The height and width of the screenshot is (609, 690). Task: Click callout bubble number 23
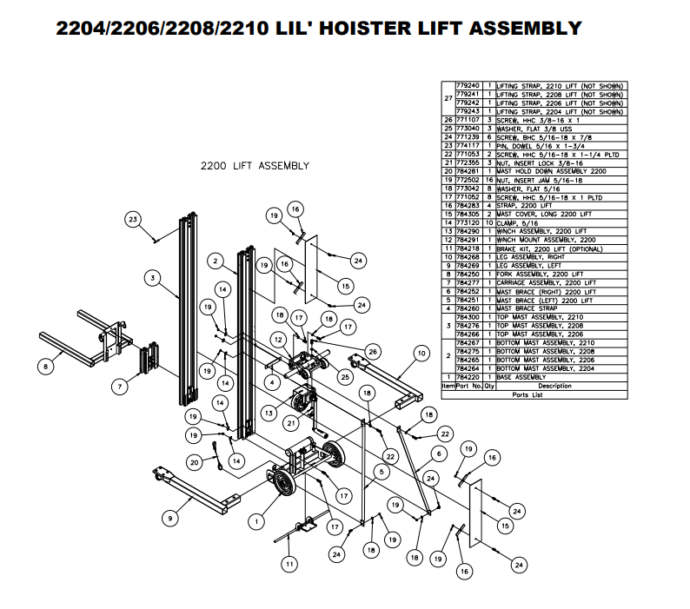tap(133, 218)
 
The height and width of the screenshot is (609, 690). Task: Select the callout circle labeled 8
tap(47, 367)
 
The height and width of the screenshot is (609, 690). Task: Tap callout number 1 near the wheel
tap(255, 521)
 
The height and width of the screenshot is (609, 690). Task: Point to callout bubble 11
tap(289, 564)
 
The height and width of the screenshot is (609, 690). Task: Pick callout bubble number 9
tap(169, 519)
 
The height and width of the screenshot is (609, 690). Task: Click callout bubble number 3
tap(152, 278)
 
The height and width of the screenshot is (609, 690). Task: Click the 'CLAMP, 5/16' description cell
tap(518, 222)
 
